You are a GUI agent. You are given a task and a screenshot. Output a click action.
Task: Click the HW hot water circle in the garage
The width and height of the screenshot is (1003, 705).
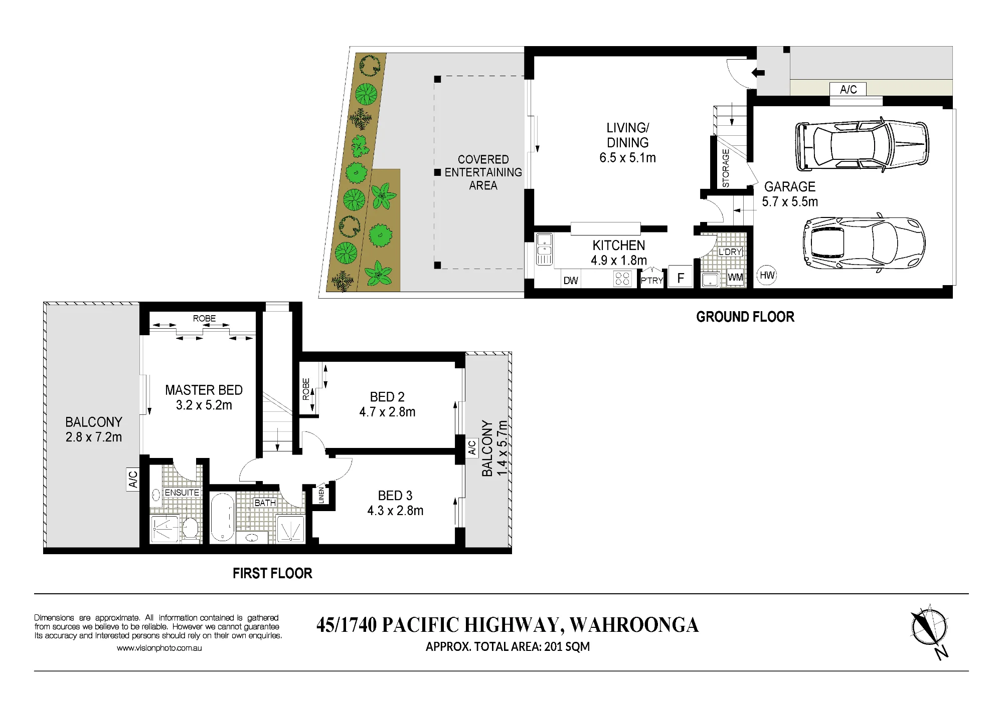coord(767,275)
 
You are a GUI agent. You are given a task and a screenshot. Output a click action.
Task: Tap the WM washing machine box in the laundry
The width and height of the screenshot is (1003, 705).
coord(735,278)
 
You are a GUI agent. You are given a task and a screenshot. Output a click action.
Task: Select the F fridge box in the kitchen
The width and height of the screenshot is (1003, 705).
coord(681,278)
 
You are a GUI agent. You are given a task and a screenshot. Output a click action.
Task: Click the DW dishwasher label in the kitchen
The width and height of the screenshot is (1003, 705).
coord(571,281)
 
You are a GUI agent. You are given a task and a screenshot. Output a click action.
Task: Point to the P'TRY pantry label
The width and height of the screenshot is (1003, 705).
coord(652,281)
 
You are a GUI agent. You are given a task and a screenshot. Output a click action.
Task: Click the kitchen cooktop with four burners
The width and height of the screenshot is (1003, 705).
coord(622,279)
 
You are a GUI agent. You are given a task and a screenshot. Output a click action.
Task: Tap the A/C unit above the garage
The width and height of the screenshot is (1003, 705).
coord(848,89)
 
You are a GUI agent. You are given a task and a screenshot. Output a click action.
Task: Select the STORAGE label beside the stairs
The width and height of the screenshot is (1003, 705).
coord(726,168)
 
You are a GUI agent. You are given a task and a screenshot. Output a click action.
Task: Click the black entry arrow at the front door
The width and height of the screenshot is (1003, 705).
coord(758,73)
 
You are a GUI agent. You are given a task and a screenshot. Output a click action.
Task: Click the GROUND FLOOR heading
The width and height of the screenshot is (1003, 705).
coord(745,317)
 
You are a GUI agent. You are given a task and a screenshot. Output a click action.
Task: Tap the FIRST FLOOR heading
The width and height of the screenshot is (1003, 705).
coord(272,573)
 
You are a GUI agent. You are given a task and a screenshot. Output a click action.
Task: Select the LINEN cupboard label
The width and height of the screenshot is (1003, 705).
coord(321,495)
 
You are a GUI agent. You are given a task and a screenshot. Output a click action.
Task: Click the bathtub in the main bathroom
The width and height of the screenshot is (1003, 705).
coord(222,518)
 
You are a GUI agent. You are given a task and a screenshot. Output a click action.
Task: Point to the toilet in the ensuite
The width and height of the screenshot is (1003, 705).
coord(190,528)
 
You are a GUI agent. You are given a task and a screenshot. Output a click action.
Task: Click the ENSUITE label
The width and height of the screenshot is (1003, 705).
coord(182,493)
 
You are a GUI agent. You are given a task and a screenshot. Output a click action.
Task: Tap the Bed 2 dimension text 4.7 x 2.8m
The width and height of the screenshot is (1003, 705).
coord(387,412)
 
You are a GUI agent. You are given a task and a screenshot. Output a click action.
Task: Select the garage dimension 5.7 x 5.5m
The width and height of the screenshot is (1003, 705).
coord(790,202)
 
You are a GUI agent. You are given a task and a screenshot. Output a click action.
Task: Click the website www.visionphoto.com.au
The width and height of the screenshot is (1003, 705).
coord(159,648)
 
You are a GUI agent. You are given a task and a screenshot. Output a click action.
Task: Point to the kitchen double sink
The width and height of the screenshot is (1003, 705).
coord(544,249)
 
